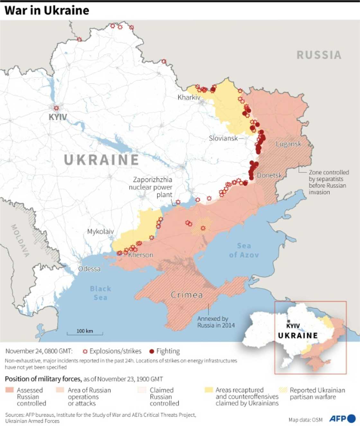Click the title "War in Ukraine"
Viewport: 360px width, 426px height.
click(x=47, y=11)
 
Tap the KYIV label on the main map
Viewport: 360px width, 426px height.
click(x=58, y=117)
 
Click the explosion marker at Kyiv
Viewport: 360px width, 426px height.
click(x=56, y=108)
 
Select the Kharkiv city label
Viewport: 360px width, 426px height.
click(x=189, y=97)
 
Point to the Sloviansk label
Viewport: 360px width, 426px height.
click(x=223, y=138)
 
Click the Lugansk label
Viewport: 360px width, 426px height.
click(x=288, y=144)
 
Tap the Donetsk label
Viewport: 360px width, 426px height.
click(x=269, y=175)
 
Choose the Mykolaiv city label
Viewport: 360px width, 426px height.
click(x=100, y=231)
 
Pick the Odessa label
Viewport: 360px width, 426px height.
click(x=89, y=269)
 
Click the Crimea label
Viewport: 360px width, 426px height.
click(x=187, y=295)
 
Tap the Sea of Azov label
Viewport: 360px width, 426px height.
click(x=244, y=250)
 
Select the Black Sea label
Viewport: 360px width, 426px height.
click(x=100, y=293)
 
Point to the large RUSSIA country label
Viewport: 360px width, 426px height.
click(x=319, y=55)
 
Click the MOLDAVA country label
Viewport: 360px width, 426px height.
click(x=20, y=240)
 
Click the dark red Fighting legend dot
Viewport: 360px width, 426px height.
click(x=152, y=351)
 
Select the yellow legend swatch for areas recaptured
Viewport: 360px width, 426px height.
click(x=209, y=390)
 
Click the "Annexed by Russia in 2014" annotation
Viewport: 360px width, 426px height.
click(x=216, y=322)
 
